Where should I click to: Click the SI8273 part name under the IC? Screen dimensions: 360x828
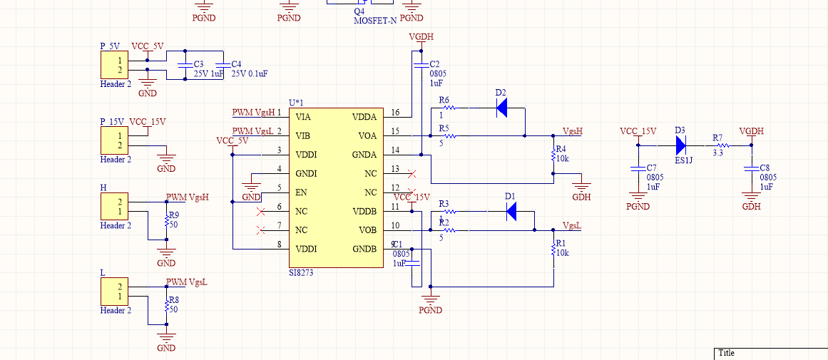coord(301,272)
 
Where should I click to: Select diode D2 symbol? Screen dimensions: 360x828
coord(501,108)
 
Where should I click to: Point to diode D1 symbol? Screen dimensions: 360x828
coord(511,211)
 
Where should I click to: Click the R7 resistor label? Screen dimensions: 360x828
coord(717,137)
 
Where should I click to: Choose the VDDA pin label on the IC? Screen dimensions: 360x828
coord(366,117)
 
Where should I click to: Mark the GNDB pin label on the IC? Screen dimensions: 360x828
coord(364,249)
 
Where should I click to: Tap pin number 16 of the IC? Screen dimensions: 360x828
coord(395,113)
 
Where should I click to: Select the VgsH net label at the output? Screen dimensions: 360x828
coord(573,131)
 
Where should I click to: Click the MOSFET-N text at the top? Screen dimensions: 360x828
coord(375,21)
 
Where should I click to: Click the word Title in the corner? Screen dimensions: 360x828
coord(726,353)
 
